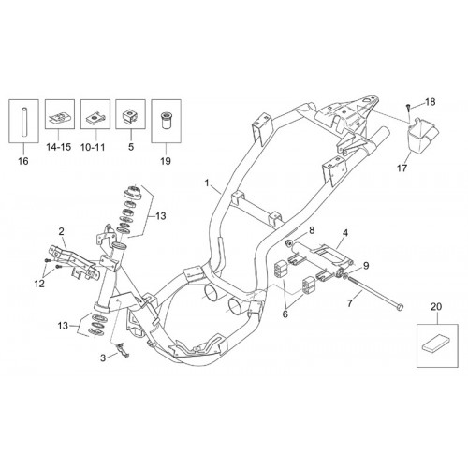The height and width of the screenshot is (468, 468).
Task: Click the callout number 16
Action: (23, 161)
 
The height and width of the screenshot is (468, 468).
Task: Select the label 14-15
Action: (59, 147)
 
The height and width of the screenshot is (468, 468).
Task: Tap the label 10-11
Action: (93, 147)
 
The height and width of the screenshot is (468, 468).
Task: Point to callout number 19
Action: (166, 161)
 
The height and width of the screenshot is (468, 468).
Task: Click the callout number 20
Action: (436, 307)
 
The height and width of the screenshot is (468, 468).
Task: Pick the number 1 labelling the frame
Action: (207, 183)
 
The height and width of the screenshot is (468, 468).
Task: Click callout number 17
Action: (402, 168)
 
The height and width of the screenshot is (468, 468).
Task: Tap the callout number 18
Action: (431, 102)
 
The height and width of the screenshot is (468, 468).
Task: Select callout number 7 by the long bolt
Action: (350, 302)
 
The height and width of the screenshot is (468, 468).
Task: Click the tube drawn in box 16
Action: (23, 122)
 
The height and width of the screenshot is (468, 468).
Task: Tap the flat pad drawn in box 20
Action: (437, 346)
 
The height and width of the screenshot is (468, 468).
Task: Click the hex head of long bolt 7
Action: (401, 306)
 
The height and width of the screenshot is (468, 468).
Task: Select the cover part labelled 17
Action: (421, 136)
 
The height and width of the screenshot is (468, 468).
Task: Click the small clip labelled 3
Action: (122, 349)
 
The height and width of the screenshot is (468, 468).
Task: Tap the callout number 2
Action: (61, 231)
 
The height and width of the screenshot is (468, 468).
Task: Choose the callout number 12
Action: (40, 284)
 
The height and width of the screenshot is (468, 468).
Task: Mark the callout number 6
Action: (285, 314)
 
